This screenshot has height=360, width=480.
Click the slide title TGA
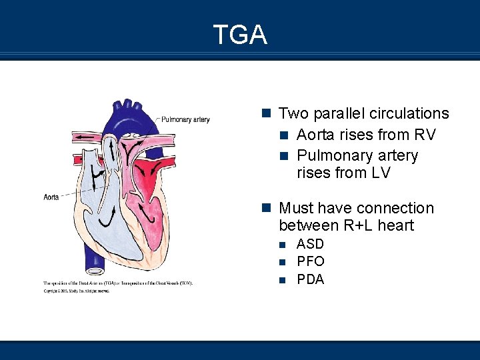[240, 34]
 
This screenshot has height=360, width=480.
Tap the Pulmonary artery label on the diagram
[185, 120]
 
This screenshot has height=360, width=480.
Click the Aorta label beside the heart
[52, 197]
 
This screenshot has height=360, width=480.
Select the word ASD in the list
[310, 244]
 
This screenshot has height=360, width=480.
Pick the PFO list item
[311, 261]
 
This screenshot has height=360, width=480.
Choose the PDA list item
[311, 279]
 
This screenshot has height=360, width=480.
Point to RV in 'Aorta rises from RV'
[425, 135]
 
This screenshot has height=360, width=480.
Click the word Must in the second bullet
[297, 209]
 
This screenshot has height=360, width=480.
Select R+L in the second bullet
[361, 226]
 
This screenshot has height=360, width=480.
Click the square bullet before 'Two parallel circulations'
[267, 113]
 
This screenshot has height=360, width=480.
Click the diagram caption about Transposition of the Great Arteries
[118, 283]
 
